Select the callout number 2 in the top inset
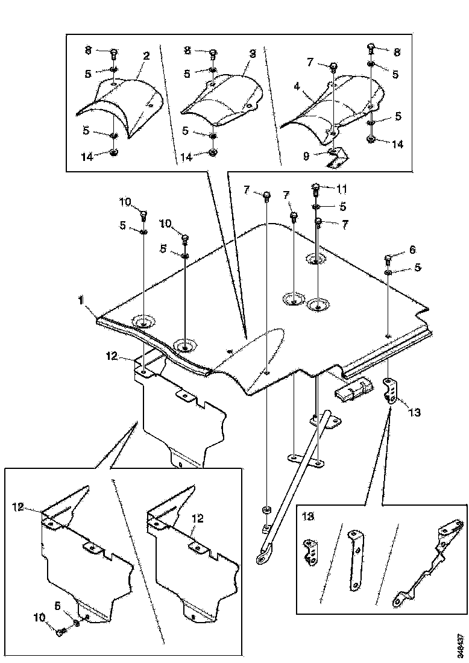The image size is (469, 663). point(146,55)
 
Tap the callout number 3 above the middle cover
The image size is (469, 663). point(253,54)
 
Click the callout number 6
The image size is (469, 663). point(412,249)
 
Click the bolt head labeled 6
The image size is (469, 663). point(388,259)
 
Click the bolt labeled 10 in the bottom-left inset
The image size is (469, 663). point(61,631)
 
